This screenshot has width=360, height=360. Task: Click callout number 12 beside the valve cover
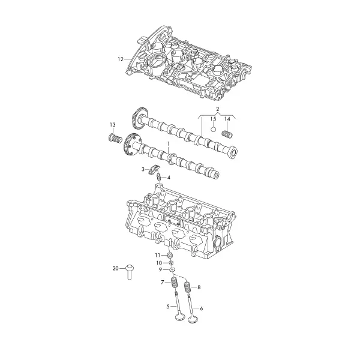[121, 59]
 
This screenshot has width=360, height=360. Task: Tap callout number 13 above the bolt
[113, 125]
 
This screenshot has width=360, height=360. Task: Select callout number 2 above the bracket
[218, 109]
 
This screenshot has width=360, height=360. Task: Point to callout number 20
[115, 268]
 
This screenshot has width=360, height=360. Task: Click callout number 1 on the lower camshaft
[168, 145]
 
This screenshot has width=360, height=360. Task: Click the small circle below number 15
[214, 129]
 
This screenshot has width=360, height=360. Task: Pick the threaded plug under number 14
[227, 134]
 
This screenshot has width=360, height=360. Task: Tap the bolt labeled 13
[115, 139]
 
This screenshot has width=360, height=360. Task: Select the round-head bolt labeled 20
[130, 272]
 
